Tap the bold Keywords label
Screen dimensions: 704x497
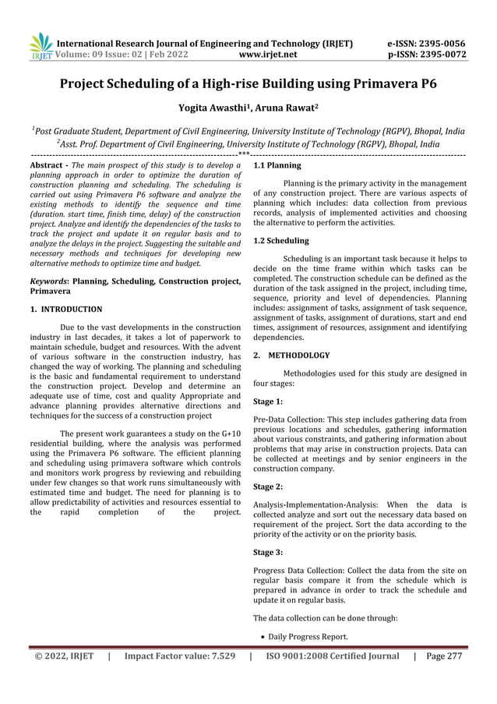(x=48, y=280)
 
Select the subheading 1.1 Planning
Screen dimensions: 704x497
(x=278, y=166)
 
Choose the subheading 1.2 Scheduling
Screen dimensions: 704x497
(x=282, y=241)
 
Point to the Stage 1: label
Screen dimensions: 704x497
(x=269, y=402)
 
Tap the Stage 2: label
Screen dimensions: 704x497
(x=269, y=486)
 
